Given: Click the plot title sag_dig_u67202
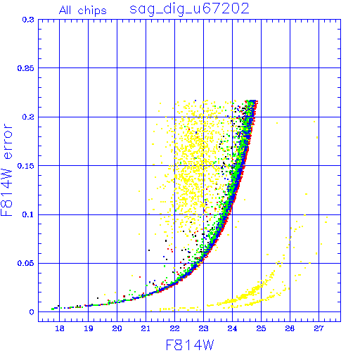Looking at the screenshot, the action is click(189, 9).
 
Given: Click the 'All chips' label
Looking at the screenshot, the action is click(83, 11).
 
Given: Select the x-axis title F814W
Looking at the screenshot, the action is click(190, 345).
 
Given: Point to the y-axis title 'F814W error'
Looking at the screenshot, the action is click(6, 170).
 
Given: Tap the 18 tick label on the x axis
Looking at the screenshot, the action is click(60, 328).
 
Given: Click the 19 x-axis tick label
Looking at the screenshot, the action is click(89, 328).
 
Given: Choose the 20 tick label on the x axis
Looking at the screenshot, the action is click(117, 328).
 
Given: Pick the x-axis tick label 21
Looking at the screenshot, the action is click(146, 328).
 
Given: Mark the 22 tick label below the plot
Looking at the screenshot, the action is click(174, 328).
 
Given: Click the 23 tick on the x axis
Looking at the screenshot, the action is click(203, 328).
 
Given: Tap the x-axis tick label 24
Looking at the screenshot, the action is click(232, 328).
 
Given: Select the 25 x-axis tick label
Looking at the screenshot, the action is click(261, 328).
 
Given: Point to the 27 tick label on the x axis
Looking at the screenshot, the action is click(319, 328).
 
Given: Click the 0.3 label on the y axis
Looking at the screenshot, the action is click(28, 20).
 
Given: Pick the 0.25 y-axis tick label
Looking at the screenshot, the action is click(26, 68).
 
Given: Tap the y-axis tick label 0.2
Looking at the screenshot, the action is click(28, 117).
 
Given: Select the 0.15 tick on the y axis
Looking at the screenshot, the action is click(26, 166).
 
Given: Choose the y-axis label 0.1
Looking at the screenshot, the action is click(28, 214).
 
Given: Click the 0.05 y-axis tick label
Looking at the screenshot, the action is click(26, 263).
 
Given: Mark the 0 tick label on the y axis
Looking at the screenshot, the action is click(32, 312).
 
